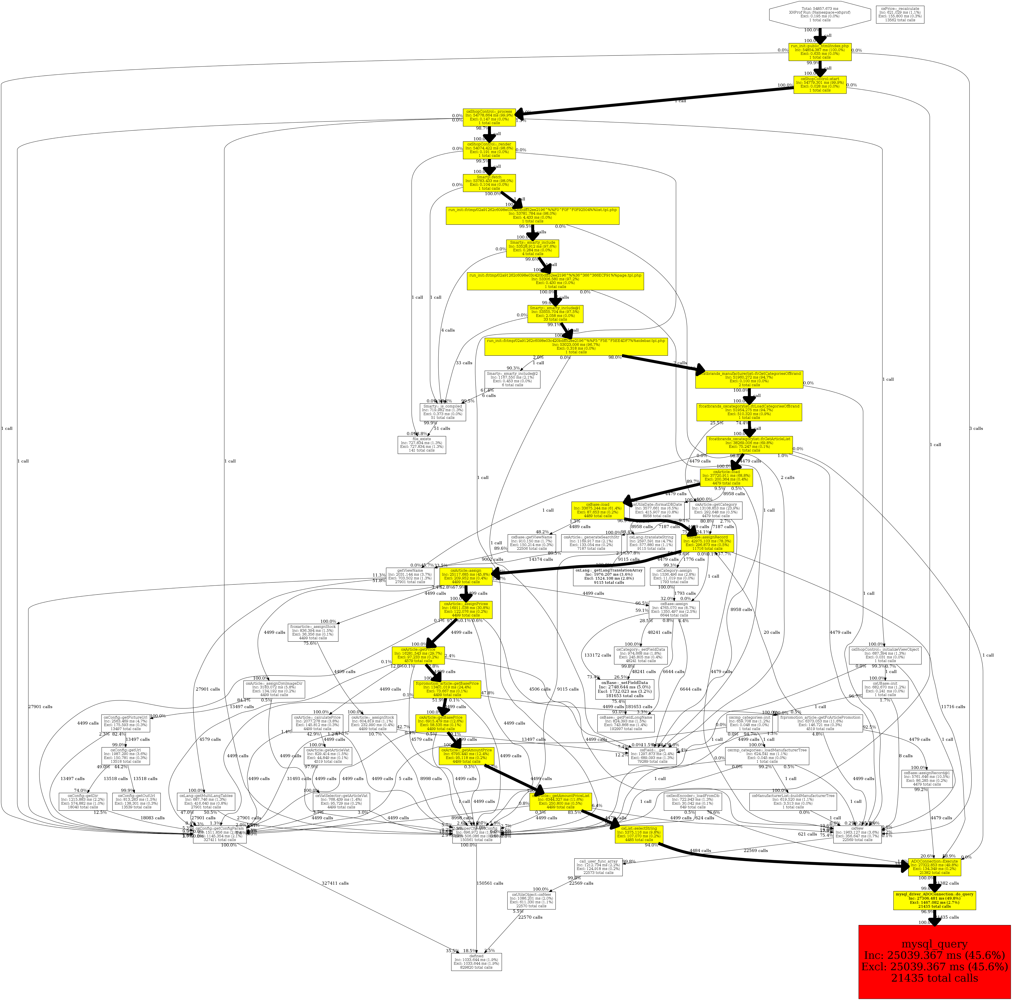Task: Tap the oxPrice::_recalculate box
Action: click(900, 14)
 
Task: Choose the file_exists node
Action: click(422, 445)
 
